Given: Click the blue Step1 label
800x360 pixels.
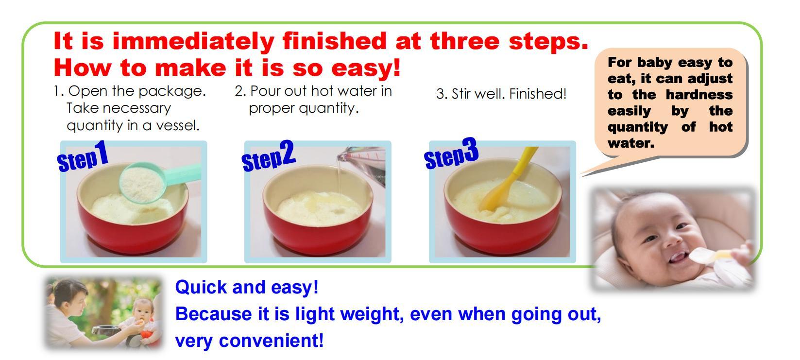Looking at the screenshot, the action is click(83, 156).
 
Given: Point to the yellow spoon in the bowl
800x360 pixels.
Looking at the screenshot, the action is click(509, 179).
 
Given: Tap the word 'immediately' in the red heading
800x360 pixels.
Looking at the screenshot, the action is click(193, 41).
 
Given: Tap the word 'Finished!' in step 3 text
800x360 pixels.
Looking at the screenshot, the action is click(538, 94).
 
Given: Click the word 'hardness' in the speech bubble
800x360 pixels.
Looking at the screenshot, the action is click(699, 95).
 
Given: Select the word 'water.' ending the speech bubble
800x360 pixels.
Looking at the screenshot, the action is click(630, 143).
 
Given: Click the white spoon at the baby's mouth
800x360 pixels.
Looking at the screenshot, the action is click(711, 256).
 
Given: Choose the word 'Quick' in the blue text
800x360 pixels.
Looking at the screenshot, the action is click(201, 288).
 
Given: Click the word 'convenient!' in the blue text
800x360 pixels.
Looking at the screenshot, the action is click(271, 341).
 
